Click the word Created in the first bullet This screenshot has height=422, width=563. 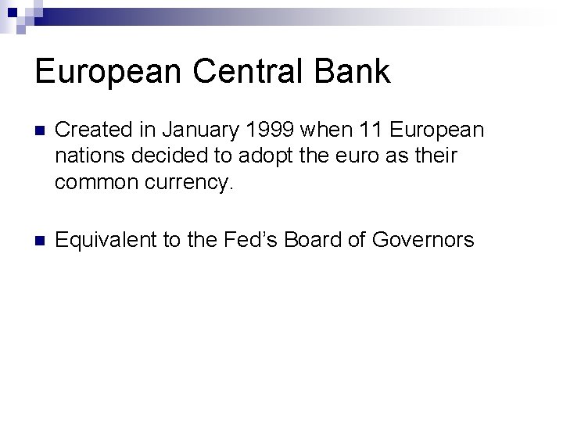pos(89,128)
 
